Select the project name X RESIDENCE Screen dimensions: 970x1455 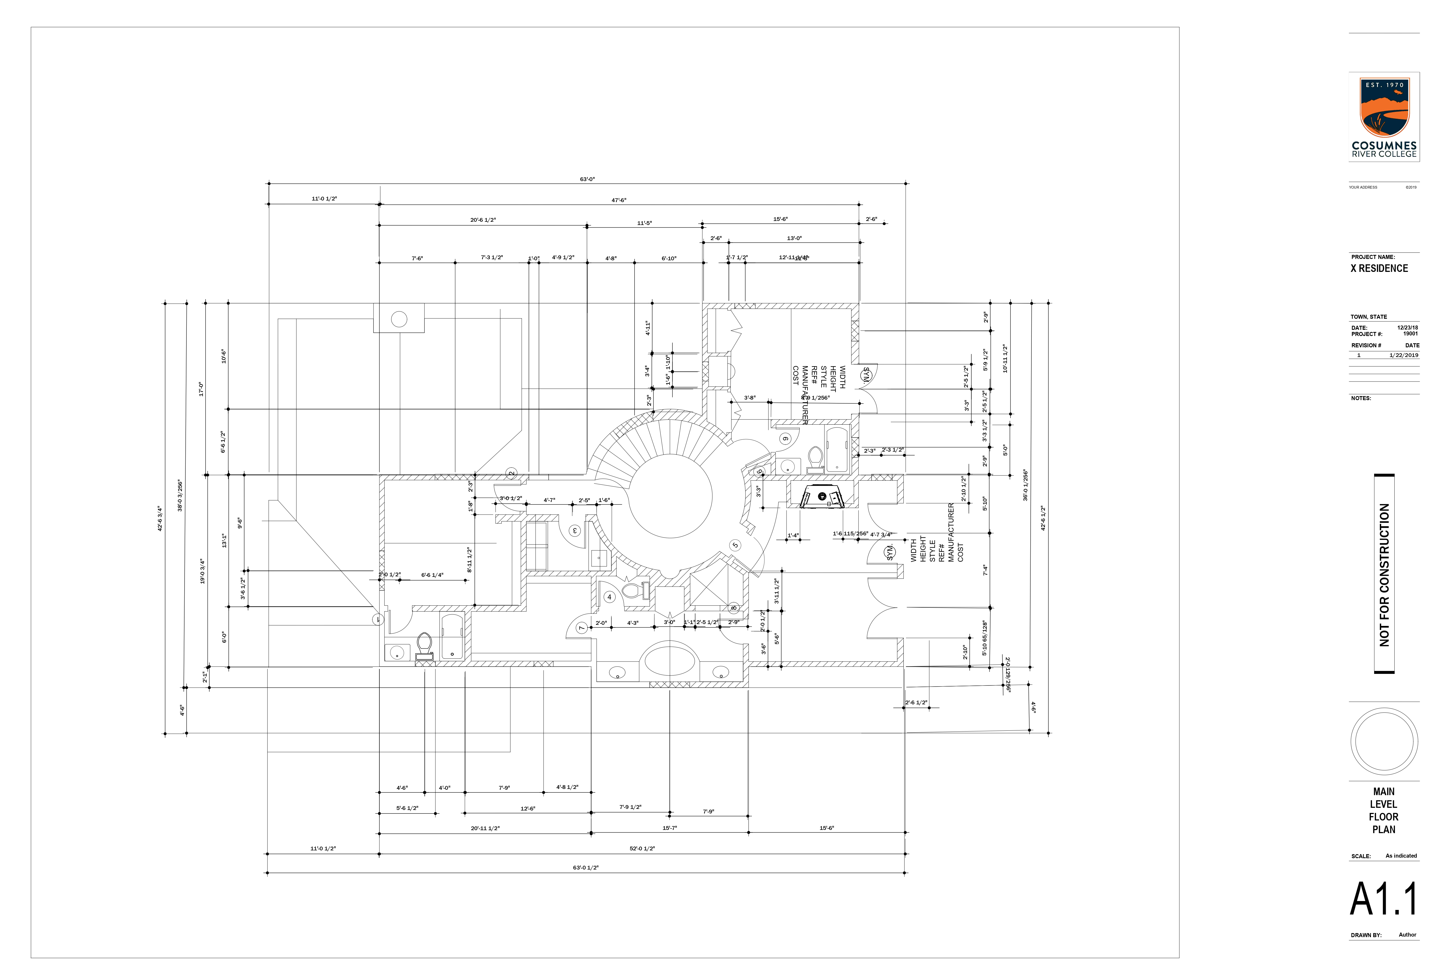1379,268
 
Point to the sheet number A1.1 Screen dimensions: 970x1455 1383,899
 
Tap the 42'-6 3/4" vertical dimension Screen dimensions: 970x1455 160,518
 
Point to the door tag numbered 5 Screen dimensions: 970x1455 735,545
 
